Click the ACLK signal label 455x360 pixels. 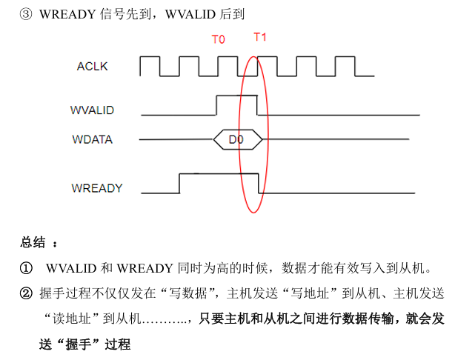(92, 67)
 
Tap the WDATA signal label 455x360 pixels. (92, 139)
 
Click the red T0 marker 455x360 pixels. (219, 39)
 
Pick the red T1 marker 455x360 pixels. (260, 37)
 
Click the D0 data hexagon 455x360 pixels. (237, 139)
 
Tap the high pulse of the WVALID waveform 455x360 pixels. (236, 96)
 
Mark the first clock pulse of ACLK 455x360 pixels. (150, 61)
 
